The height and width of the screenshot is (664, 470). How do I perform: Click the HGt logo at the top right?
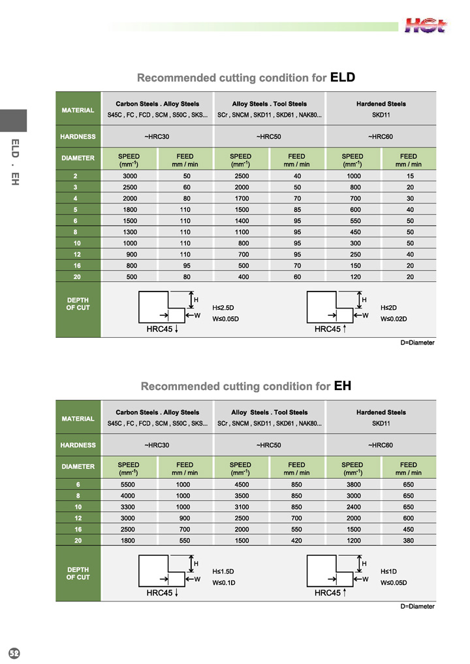click(x=426, y=25)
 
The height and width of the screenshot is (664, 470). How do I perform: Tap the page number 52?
click(x=14, y=654)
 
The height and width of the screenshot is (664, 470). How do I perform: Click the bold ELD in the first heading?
click(x=342, y=78)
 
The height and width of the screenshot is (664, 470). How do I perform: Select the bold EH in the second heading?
click(x=343, y=386)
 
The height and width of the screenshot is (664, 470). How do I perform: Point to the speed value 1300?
click(x=129, y=232)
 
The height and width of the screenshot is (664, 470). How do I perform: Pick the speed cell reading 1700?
click(x=241, y=198)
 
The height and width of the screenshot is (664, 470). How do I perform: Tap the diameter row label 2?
click(x=78, y=176)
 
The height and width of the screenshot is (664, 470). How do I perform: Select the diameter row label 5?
click(x=78, y=209)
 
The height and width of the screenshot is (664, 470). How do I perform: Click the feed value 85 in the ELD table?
click(x=297, y=209)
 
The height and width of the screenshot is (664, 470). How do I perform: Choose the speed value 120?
click(x=352, y=277)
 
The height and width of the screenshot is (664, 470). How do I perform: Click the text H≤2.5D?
click(x=223, y=307)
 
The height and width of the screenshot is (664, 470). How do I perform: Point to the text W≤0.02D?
click(x=393, y=318)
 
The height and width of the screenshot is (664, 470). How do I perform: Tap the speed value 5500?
click(x=129, y=485)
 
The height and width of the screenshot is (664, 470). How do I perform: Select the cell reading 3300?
click(x=129, y=507)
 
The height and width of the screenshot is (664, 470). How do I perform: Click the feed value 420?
click(x=297, y=541)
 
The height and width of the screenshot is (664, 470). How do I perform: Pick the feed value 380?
click(x=409, y=541)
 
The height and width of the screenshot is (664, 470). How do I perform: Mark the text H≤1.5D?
click(x=223, y=571)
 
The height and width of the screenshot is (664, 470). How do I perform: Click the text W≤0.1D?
click(x=223, y=582)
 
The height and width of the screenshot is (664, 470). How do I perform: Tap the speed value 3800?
click(x=352, y=485)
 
